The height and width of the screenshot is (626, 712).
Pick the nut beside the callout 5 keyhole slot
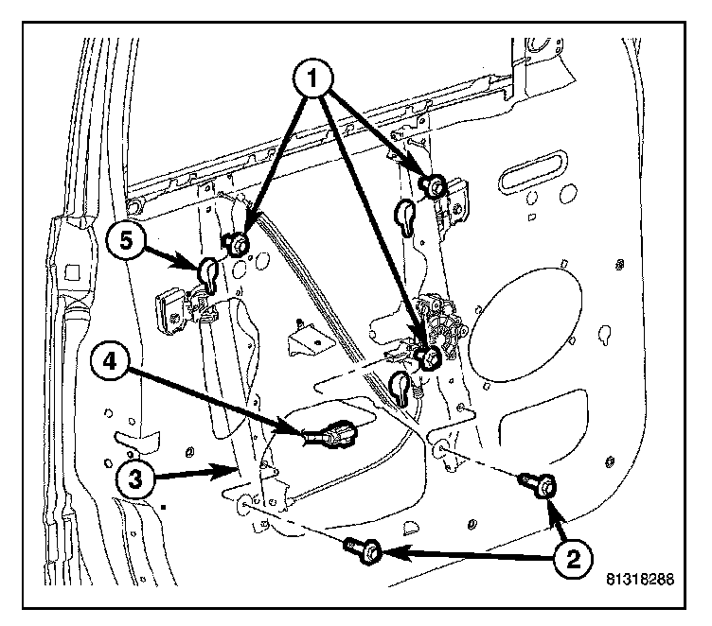click(238, 246)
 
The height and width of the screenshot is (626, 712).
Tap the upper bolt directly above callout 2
click(541, 486)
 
